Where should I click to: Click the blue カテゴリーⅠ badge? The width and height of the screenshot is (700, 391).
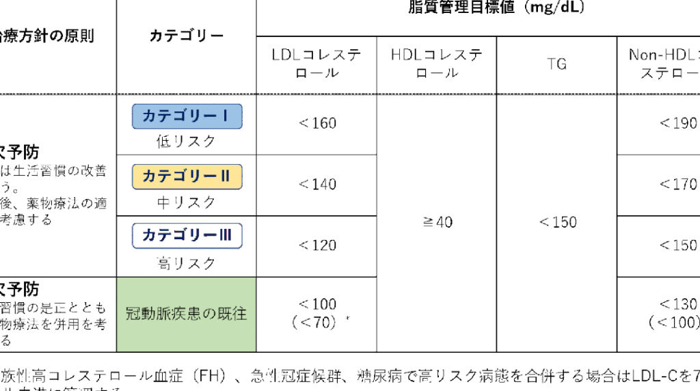(187, 116)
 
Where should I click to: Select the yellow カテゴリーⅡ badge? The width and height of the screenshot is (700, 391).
(187, 176)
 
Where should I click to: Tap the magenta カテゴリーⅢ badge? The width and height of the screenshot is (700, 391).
(187, 236)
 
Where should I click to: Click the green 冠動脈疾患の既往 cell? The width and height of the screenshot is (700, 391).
(187, 314)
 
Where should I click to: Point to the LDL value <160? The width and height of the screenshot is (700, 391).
(317, 124)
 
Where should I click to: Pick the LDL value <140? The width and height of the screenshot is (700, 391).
(317, 185)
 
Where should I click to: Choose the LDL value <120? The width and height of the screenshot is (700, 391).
(317, 246)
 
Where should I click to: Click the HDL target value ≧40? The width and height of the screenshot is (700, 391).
(437, 223)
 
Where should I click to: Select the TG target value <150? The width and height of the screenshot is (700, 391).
(557, 223)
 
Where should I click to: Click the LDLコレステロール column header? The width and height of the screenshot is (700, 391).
(317, 64)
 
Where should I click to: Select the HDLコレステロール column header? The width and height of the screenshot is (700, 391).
(437, 64)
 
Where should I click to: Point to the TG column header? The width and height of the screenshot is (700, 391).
(556, 64)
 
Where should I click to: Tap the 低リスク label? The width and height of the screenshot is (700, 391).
(187, 142)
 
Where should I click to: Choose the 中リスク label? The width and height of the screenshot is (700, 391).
(187, 203)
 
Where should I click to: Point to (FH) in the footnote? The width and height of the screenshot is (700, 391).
(204, 376)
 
